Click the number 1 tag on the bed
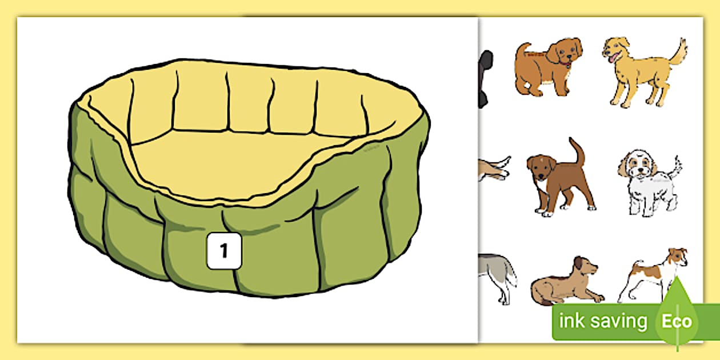click(224, 250)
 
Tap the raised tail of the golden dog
click(679, 51)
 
